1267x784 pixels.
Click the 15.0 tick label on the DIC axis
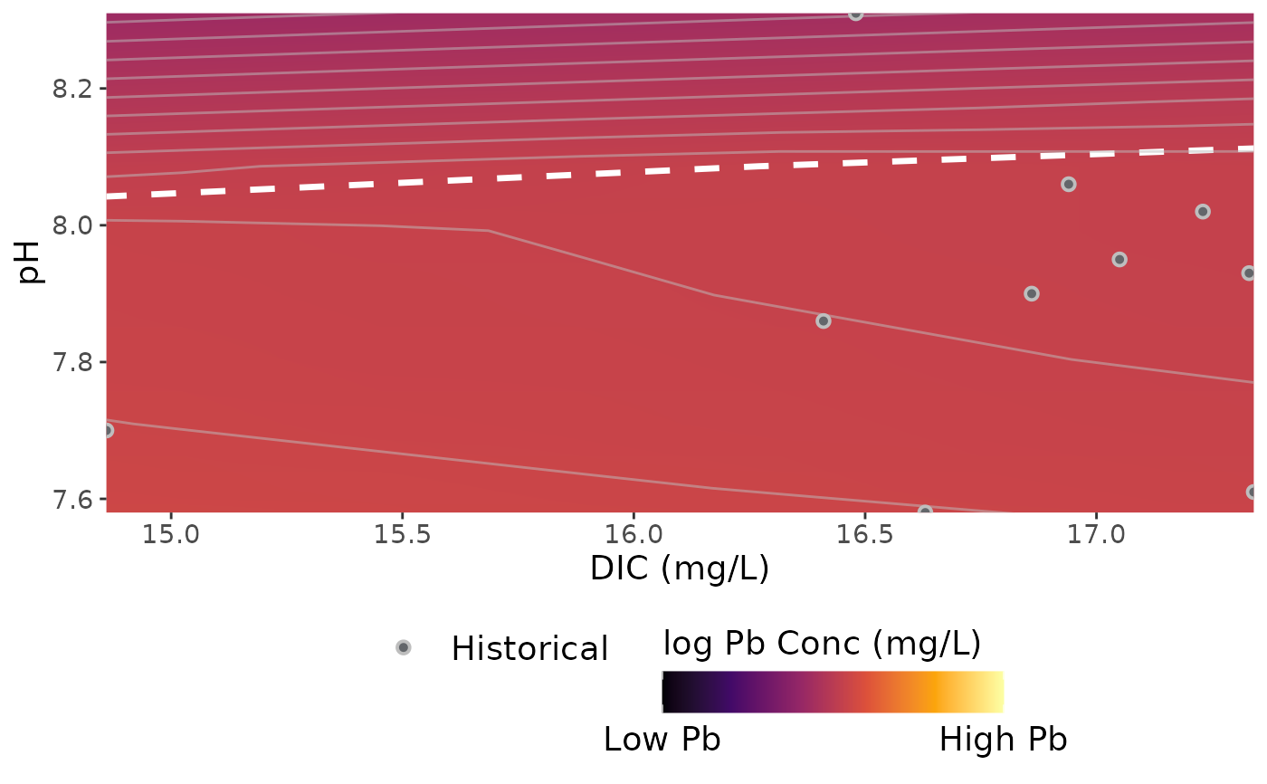[x=170, y=535]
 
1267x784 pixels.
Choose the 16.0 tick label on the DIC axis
[x=633, y=535]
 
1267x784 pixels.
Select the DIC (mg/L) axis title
[x=679, y=569]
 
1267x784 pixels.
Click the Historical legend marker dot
[x=403, y=647]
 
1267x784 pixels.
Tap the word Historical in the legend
[x=529, y=648]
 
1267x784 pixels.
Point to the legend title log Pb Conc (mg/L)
[x=822, y=643]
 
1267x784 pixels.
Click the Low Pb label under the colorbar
[x=662, y=740]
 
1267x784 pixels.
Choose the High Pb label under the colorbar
[x=1003, y=740]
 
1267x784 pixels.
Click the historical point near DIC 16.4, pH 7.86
[x=823, y=320]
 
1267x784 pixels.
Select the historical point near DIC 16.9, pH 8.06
[x=1068, y=184]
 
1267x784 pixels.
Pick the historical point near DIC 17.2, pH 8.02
[x=1202, y=211]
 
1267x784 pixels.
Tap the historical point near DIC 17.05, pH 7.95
[x=1119, y=259]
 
